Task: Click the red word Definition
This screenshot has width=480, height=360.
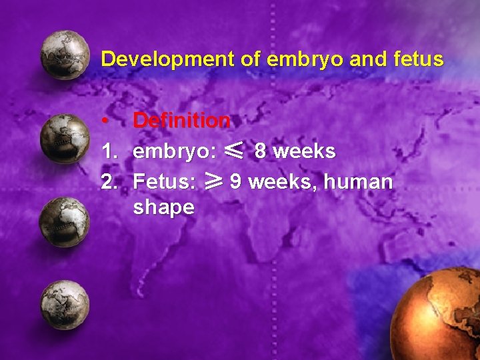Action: [181, 121]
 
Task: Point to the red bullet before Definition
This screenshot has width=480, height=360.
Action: [105, 121]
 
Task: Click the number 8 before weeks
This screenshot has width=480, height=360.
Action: [261, 151]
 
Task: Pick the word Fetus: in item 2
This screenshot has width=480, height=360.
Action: [164, 181]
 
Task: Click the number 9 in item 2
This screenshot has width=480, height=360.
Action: [235, 181]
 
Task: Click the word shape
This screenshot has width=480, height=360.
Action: [163, 207]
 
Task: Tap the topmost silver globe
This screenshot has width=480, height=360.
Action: [65, 55]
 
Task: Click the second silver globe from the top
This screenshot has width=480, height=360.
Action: [65, 139]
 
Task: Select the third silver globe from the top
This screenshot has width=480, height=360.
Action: [65, 222]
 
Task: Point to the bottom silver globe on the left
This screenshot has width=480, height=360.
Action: [65, 305]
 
